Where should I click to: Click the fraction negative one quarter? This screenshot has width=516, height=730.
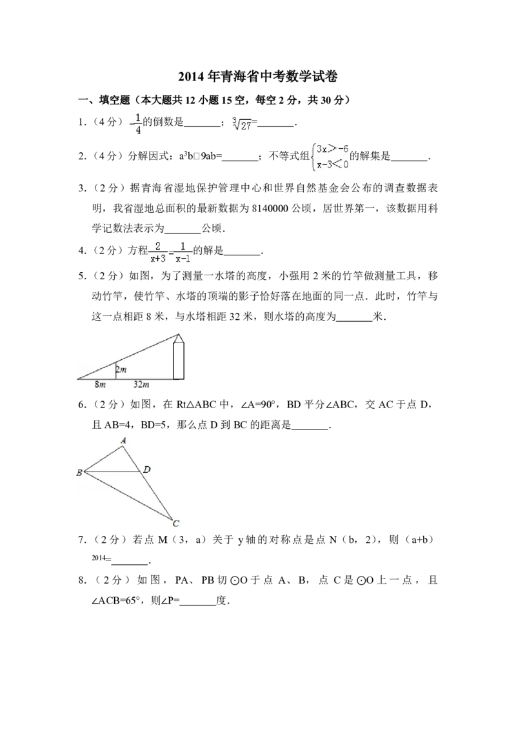click(x=134, y=124)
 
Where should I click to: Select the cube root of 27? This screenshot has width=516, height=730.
click(x=241, y=124)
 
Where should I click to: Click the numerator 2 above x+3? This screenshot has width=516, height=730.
click(x=157, y=246)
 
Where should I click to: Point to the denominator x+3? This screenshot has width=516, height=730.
click(x=157, y=260)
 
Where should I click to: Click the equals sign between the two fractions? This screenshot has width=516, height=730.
click(x=170, y=253)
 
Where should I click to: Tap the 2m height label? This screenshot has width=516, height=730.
click(x=121, y=369)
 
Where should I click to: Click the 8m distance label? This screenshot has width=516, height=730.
click(x=100, y=385)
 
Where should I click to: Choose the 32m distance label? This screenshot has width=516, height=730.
click(x=141, y=385)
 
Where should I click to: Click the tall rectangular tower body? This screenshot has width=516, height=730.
click(x=179, y=360)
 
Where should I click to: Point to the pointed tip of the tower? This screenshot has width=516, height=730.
click(x=179, y=335)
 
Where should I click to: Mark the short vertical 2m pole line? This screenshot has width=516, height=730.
click(x=115, y=371)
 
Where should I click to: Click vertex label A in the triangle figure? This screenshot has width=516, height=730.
click(x=123, y=440)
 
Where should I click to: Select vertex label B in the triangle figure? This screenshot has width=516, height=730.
click(x=79, y=473)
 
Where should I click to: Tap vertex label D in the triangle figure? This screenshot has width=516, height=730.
click(x=147, y=469)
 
